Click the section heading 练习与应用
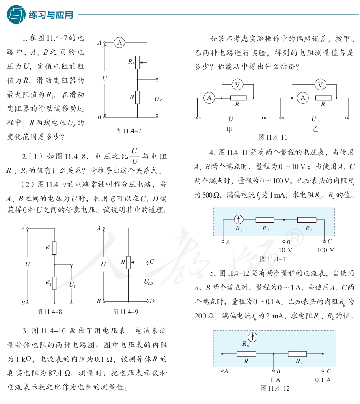pyautogui.click(x=51, y=15)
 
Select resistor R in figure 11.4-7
pyautogui.click(x=137, y=97)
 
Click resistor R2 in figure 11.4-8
pyautogui.click(x=54, y=247)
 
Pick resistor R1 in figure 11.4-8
pyautogui.click(x=54, y=282)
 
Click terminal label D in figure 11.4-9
pyautogui.click(x=151, y=301)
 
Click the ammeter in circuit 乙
pyautogui.click(x=302, y=97)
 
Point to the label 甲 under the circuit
pyautogui.click(x=231, y=129)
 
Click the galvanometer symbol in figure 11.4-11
pyautogui.click(x=239, y=220)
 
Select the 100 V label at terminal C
pyautogui.click(x=326, y=250)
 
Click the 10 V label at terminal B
pyautogui.click(x=285, y=250)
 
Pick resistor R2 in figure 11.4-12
pyautogui.click(x=297, y=354)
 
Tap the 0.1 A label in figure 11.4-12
pyautogui.click(x=323, y=380)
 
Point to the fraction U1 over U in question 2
pyautogui.click(x=135, y=156)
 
